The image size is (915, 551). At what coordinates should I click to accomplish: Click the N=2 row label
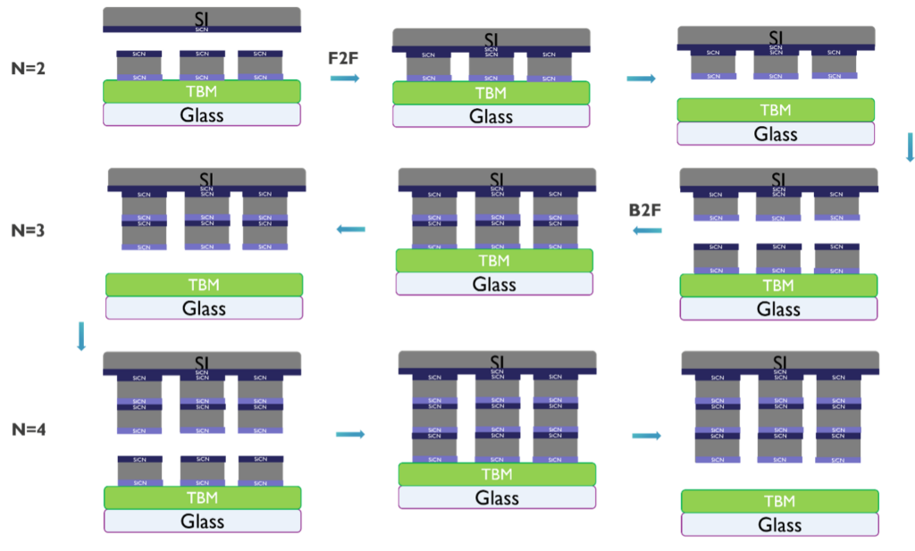tap(28, 68)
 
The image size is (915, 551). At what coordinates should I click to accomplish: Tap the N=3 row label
tap(28, 230)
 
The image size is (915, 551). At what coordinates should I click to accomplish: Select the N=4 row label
tap(29, 430)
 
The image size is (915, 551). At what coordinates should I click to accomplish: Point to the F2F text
tap(343, 58)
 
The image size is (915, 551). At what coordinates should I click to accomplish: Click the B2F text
tap(645, 211)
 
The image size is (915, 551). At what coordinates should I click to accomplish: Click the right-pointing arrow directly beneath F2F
tap(345, 79)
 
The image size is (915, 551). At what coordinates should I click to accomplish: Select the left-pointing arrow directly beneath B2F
tap(647, 231)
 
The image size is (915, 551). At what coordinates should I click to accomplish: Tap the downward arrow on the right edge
tap(910, 147)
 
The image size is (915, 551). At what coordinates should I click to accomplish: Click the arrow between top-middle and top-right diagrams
tap(641, 79)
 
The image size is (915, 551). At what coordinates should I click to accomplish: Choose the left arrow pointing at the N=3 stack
tap(350, 230)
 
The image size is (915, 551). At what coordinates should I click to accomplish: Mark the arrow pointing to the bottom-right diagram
tap(647, 436)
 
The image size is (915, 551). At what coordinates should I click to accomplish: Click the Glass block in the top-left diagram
tap(202, 114)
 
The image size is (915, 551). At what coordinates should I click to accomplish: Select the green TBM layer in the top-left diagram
tap(202, 91)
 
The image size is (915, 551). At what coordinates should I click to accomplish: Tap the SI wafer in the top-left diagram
tap(202, 16)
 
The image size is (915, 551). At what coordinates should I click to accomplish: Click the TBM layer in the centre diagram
tap(495, 260)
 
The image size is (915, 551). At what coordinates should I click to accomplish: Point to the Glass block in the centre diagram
tap(495, 284)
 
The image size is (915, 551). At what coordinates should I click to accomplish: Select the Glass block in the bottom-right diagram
tap(780, 525)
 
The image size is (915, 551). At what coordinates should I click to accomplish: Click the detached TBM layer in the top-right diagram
tap(776, 110)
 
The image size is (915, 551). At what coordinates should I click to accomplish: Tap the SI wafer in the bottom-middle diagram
tap(498, 359)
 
